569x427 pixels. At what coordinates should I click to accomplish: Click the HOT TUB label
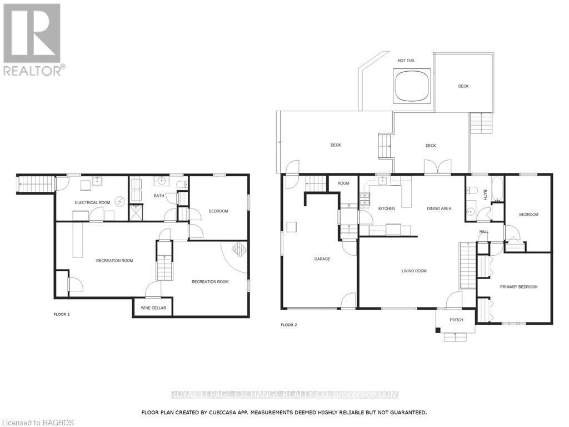406,60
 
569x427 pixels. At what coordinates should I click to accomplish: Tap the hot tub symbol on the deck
412,85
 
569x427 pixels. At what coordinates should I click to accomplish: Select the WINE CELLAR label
153,308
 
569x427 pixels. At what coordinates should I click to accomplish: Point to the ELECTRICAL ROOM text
92,202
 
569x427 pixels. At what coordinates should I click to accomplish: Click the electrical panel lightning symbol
121,202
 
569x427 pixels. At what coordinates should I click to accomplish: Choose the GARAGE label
322,259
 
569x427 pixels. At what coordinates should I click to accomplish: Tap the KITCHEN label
386,208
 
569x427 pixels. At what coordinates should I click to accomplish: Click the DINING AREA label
439,208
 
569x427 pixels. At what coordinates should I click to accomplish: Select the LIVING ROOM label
414,271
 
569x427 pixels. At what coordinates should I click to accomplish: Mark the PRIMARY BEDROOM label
518,287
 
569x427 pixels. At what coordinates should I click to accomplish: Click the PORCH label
456,320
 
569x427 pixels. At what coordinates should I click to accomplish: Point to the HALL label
484,231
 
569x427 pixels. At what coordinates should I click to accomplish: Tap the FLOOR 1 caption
62,315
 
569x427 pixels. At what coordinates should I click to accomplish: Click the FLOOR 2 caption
289,325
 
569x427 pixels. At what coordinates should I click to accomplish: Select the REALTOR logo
33,39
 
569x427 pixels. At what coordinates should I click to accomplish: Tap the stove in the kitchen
365,200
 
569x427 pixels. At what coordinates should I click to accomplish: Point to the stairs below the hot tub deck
481,123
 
